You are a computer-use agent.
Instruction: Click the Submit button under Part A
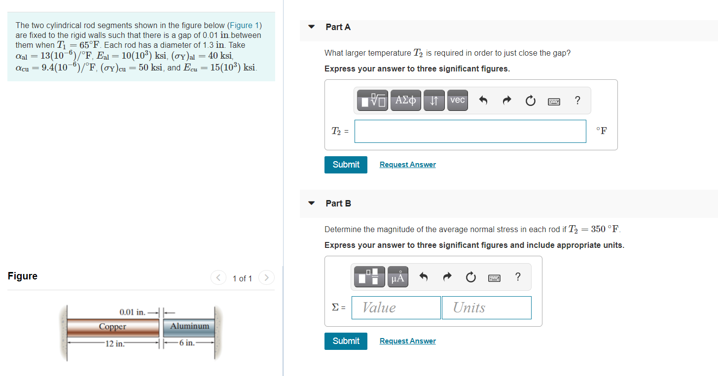click(346, 165)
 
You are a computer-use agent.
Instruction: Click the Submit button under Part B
click(346, 341)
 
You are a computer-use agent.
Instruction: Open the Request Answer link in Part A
click(407, 165)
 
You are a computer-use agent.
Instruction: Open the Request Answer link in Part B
click(407, 341)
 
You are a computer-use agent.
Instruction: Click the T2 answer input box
click(470, 131)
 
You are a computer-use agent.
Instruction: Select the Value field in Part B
click(396, 308)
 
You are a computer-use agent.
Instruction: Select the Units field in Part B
click(486, 308)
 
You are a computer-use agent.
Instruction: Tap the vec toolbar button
click(457, 100)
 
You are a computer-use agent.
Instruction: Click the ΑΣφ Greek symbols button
click(405, 101)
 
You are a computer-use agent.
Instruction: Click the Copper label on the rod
click(112, 327)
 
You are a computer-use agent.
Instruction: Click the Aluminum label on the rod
click(189, 326)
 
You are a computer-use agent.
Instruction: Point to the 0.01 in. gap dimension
click(133, 312)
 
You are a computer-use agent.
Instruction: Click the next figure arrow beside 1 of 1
click(266, 278)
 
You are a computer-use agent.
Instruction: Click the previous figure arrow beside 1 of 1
click(217, 278)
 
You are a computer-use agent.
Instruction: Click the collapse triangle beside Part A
click(311, 27)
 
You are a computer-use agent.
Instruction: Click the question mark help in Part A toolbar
click(577, 101)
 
